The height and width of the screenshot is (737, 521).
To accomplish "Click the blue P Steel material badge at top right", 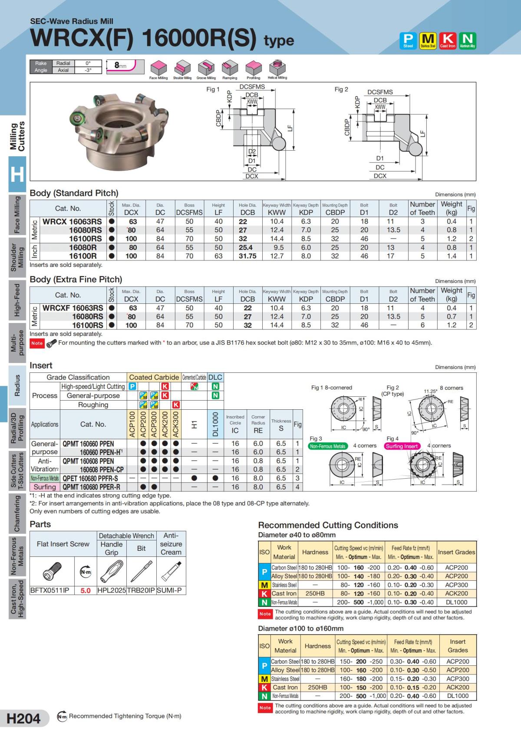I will [x=408, y=40].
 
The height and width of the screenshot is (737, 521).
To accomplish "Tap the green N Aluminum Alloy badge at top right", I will [x=468, y=40].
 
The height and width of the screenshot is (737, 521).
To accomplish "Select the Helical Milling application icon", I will [x=277, y=68].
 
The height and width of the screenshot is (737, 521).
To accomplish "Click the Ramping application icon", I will [x=230, y=68].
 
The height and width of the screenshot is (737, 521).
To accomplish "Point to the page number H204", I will [x=24, y=718].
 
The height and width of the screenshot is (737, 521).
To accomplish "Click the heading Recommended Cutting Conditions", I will [x=328, y=525].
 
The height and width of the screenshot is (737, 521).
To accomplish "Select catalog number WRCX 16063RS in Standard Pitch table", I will [x=72, y=221].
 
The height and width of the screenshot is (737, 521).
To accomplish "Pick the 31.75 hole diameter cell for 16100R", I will [x=247, y=256].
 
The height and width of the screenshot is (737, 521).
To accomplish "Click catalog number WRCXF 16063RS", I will [x=73, y=308].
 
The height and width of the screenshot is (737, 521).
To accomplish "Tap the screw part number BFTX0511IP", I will [x=47, y=590].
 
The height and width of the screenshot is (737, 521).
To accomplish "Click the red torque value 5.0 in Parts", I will [x=86, y=590].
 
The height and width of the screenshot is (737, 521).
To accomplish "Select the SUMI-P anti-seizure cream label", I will [x=171, y=590].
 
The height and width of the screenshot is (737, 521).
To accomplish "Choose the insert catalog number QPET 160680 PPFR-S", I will [x=90, y=478].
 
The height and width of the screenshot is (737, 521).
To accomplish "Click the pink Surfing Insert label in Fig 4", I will [x=402, y=446].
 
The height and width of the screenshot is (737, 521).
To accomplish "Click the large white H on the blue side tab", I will [x=17, y=174].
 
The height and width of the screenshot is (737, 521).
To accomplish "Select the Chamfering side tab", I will [x=17, y=513].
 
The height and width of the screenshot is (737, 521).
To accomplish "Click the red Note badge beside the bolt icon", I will [x=37, y=343].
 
